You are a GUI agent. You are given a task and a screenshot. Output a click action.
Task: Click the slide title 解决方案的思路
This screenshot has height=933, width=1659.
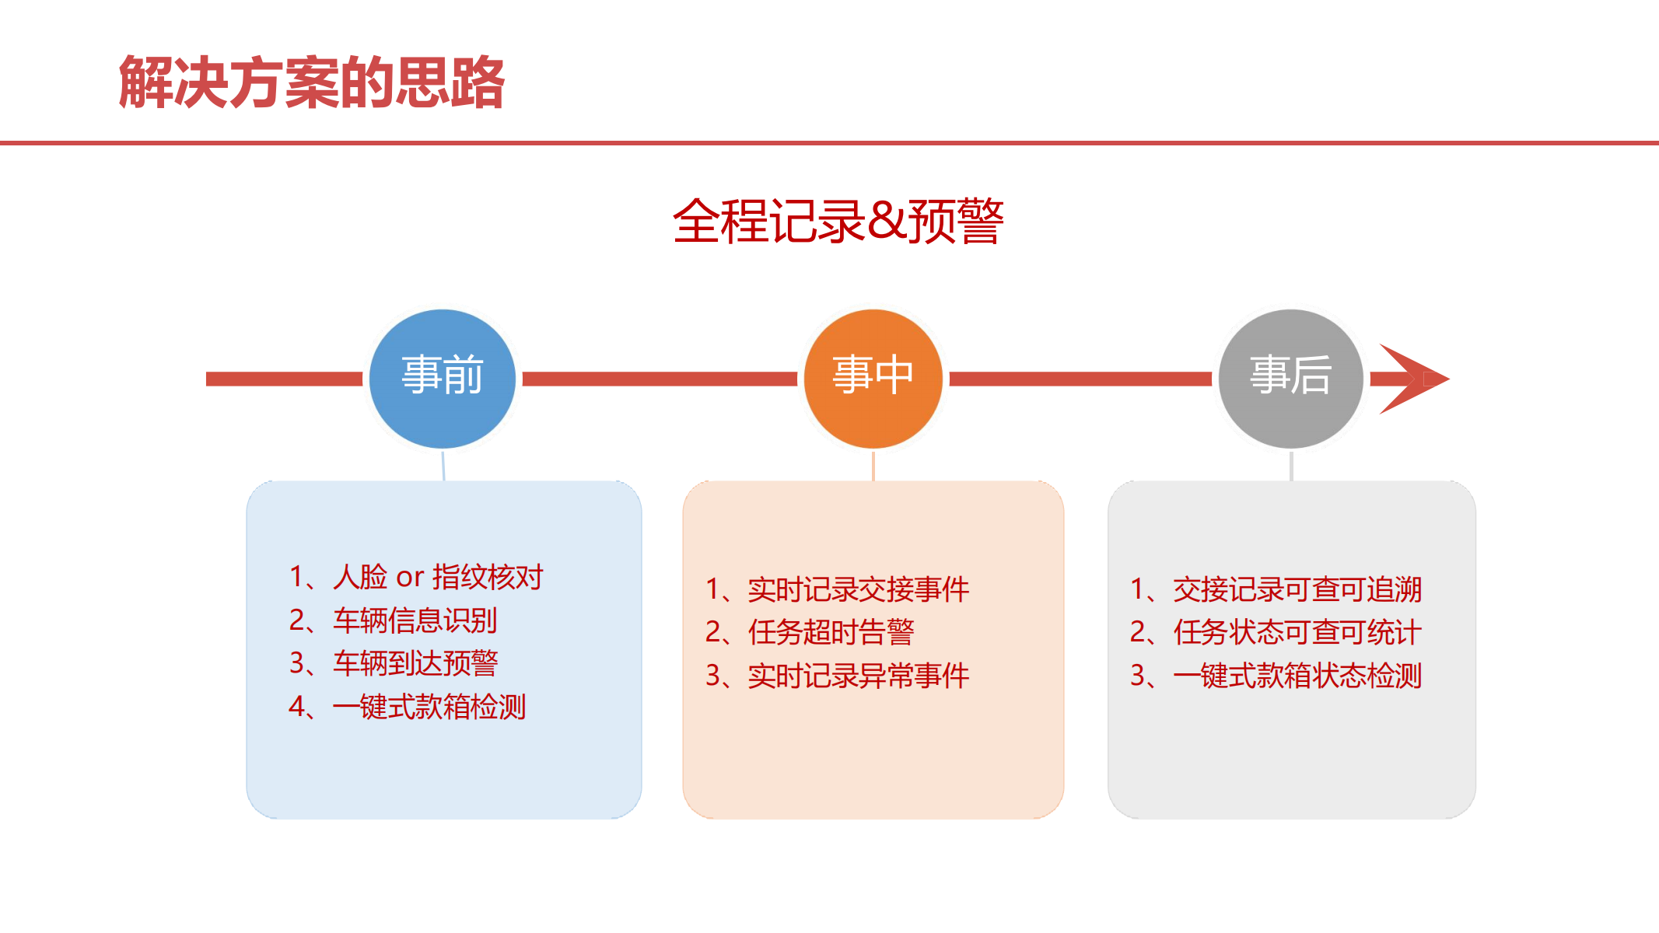coord(311,82)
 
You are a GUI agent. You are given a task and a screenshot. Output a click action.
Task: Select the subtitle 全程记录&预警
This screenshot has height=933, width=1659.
coord(838,222)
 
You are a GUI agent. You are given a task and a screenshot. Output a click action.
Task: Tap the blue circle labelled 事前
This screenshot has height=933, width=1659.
coord(442,379)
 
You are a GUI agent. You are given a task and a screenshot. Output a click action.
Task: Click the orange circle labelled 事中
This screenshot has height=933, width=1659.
coord(873,379)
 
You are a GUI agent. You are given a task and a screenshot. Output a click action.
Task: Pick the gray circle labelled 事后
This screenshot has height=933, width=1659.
coord(1290,379)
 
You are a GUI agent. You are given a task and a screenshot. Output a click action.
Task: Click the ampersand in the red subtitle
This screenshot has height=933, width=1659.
coord(887,222)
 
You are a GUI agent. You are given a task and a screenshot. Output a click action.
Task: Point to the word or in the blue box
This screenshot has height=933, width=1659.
coord(410,578)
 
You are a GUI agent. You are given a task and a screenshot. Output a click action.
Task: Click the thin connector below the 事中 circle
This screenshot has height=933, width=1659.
coord(873,465)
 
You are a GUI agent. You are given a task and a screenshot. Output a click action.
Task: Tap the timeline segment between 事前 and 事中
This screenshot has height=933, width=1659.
coord(660,379)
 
